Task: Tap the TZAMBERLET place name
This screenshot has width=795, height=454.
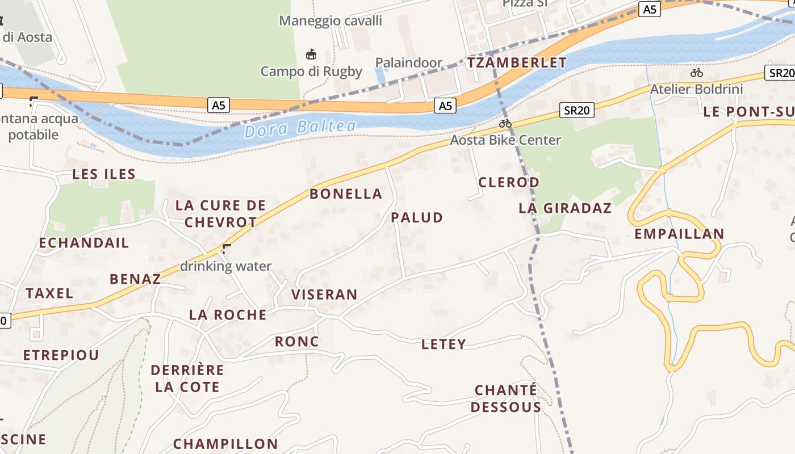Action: pyautogui.click(x=517, y=63)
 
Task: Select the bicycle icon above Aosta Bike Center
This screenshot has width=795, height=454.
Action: pyautogui.click(x=505, y=123)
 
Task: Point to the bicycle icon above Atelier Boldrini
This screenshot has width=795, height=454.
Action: pyautogui.click(x=696, y=73)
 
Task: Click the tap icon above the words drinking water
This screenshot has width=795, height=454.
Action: pyautogui.click(x=227, y=248)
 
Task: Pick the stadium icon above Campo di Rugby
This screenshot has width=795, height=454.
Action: pyautogui.click(x=311, y=54)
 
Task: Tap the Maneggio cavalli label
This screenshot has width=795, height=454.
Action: pyautogui.click(x=330, y=21)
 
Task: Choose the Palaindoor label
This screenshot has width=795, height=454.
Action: pyautogui.click(x=409, y=62)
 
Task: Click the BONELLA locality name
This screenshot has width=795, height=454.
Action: pyautogui.click(x=346, y=194)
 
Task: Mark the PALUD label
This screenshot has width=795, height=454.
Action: pyautogui.click(x=417, y=217)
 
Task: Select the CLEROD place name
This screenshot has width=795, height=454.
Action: pyautogui.click(x=509, y=182)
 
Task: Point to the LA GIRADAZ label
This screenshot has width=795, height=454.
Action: pyautogui.click(x=565, y=208)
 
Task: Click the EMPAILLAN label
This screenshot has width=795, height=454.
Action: pyautogui.click(x=679, y=234)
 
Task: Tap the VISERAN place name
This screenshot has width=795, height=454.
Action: pyautogui.click(x=324, y=295)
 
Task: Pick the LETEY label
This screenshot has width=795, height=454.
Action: pyautogui.click(x=443, y=344)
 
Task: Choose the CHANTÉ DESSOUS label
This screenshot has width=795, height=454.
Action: pyautogui.click(x=506, y=398)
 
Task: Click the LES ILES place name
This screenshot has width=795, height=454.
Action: pyautogui.click(x=104, y=174)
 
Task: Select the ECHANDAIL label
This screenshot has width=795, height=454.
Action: pyautogui.click(x=84, y=243)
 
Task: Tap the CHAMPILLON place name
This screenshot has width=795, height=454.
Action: pyautogui.click(x=225, y=444)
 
